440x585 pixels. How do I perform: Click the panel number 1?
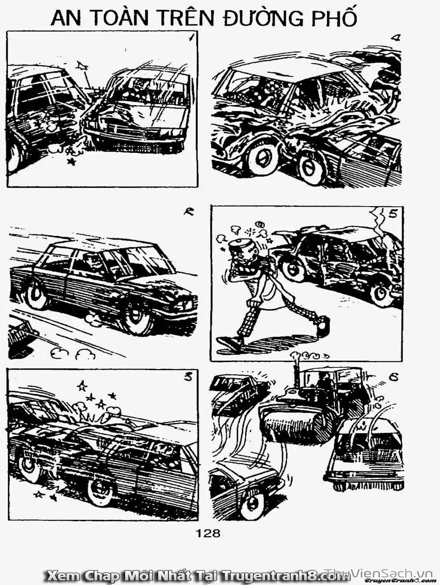pyautogui.click(x=190, y=38)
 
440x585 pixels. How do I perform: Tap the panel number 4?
pyautogui.click(x=397, y=38)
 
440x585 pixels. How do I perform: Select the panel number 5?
pyautogui.click(x=393, y=215)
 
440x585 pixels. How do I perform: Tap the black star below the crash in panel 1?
pyautogui.click(x=71, y=161)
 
